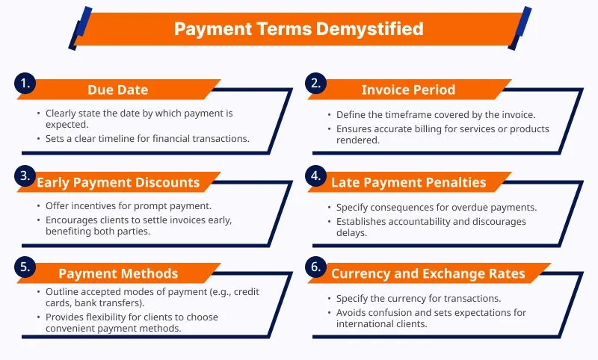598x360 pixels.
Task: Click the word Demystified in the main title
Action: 369,29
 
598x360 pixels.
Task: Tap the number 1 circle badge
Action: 25,83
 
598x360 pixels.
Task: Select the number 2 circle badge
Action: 315,83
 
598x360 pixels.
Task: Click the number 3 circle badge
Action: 25,176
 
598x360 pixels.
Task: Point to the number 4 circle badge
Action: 315,176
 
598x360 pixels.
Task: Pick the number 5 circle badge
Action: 25,267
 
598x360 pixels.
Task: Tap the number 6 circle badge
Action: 315,267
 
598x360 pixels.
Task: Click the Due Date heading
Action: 118,90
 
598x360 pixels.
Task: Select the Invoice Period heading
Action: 408,90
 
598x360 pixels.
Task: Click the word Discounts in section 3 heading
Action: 167,182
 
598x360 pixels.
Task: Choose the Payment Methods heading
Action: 118,273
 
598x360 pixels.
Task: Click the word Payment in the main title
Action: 213,29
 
